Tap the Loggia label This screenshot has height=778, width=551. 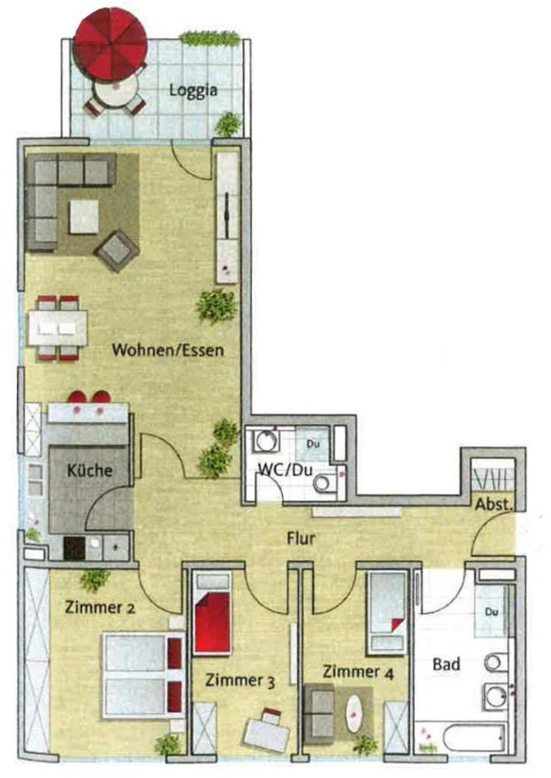pyautogui.click(x=193, y=90)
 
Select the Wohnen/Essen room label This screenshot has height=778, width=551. pyautogui.click(x=168, y=351)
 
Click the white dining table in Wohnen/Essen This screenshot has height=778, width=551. pyautogui.click(x=58, y=328)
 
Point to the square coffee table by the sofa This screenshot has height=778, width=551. pyautogui.click(x=83, y=216)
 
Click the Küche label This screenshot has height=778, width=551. pyautogui.click(x=89, y=471)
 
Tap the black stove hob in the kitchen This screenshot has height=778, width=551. pyautogui.click(x=75, y=549)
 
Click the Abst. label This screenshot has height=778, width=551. pyautogui.click(x=493, y=503)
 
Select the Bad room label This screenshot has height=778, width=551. pyautogui.click(x=446, y=665)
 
